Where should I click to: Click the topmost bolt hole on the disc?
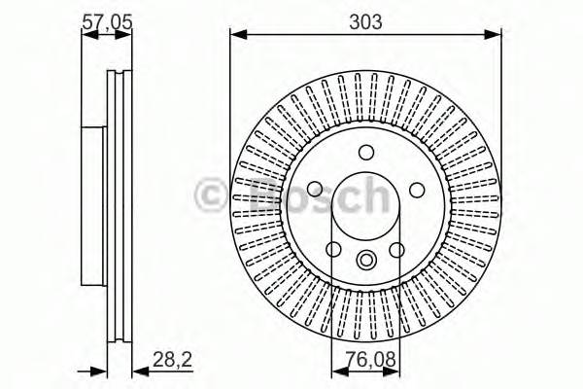coord(366,152)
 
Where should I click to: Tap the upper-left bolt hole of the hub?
coord(316,190)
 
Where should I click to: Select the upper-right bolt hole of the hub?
coord(416,190)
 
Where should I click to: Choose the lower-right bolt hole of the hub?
coord(396,250)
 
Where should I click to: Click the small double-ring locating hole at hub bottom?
coord(366,260)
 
